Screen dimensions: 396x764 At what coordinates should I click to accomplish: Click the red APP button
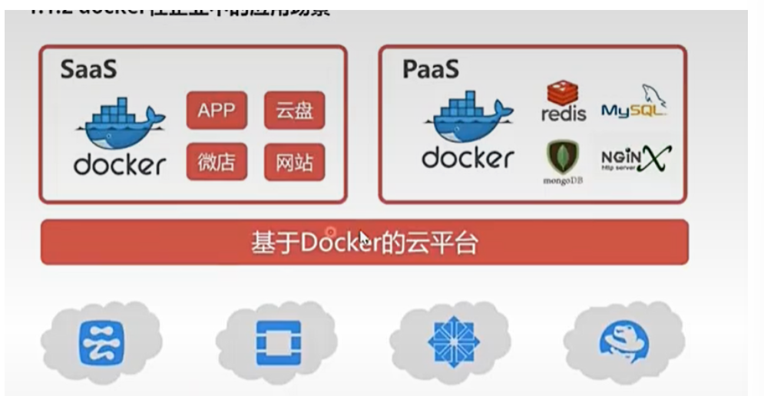217,111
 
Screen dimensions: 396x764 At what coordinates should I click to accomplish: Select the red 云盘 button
294,111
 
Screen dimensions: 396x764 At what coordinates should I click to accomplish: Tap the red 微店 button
217,162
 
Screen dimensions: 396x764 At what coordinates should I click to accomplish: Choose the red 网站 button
294,162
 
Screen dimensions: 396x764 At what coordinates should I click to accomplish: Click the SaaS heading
88,69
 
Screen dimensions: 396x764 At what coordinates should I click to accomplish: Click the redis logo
563,103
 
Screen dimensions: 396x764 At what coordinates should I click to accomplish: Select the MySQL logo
634,103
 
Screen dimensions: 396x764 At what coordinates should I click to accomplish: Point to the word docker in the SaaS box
120,164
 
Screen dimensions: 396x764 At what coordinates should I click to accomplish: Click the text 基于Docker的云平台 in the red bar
364,243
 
